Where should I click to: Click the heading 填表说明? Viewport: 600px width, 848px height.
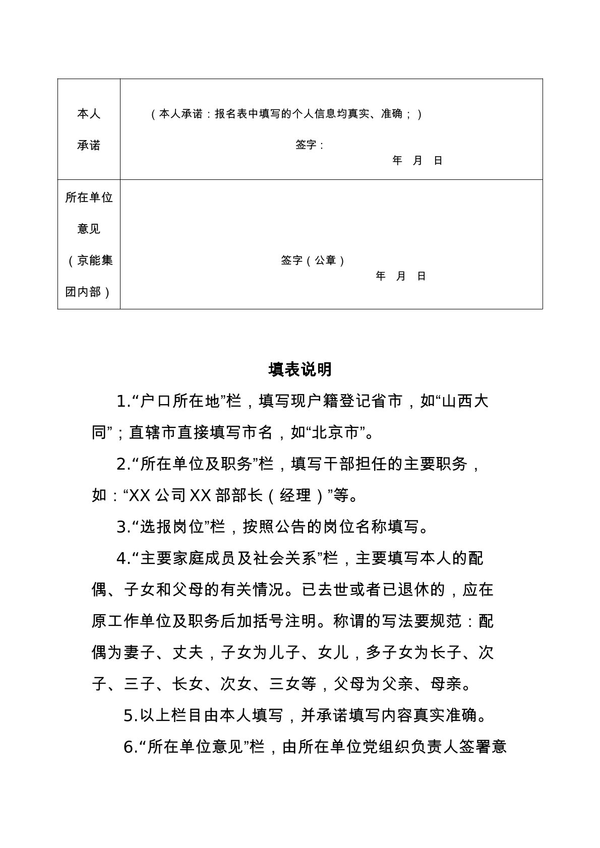coord(300,369)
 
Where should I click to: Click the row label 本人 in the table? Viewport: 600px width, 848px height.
coord(89,114)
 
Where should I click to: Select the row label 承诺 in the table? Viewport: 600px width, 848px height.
coord(89,145)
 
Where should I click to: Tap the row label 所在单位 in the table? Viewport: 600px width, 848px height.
coord(89,198)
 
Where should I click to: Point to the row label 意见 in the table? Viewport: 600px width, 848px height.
coord(89,229)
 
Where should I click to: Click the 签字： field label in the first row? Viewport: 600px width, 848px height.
coord(310,145)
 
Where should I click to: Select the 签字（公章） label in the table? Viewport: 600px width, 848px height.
coord(313,260)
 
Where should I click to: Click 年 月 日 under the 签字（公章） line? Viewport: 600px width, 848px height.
coord(401,276)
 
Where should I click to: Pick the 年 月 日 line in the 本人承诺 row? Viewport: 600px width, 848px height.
coord(417,161)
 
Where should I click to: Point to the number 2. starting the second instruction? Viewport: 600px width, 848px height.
coord(123,464)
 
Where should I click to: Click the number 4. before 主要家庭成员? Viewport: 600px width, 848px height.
coord(123,558)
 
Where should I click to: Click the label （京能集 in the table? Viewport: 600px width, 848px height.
coord(89,260)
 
